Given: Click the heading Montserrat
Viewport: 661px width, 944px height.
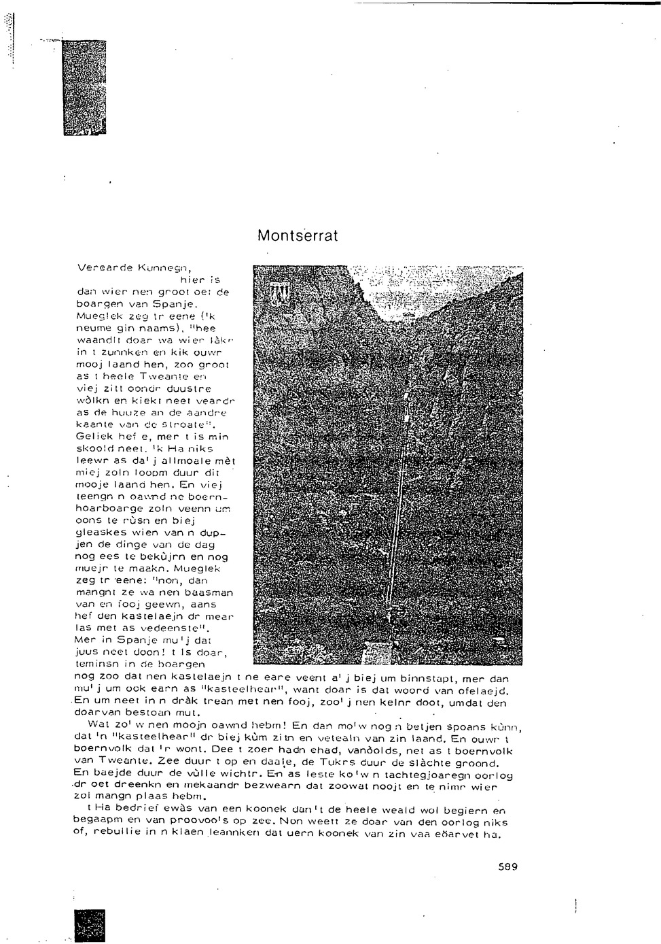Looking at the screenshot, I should point(297,236).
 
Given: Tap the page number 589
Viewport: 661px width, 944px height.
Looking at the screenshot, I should point(507,867).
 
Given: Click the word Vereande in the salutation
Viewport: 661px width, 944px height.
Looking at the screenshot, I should point(99,267).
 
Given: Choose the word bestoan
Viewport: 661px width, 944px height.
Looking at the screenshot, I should point(145,713).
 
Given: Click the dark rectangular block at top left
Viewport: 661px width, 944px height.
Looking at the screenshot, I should point(84,86).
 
